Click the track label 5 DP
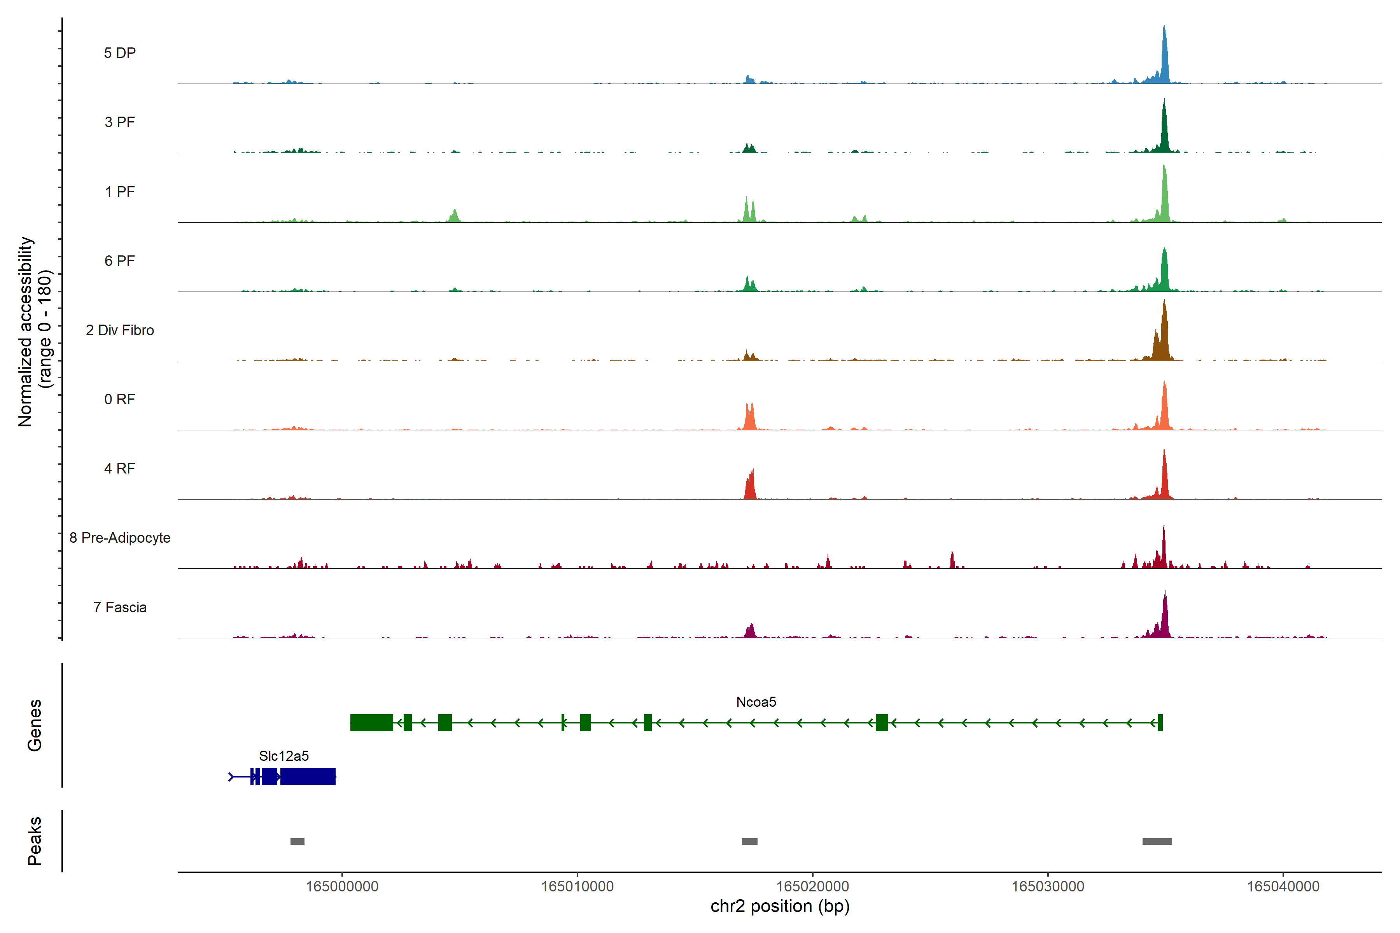[x=120, y=53]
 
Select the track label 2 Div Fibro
[x=120, y=330]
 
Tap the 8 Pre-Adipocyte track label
[x=120, y=538]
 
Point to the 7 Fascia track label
[x=120, y=608]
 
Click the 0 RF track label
[x=120, y=399]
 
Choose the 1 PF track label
[x=120, y=192]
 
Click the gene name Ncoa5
[x=756, y=702]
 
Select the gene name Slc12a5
[x=284, y=756]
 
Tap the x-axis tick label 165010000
[x=577, y=887]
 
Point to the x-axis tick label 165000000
[x=342, y=887]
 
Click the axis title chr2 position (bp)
[x=780, y=906]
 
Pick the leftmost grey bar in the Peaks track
[x=297, y=841]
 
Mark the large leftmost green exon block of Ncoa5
[x=371, y=722]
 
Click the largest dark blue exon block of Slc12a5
[x=308, y=777]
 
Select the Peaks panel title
[x=35, y=841]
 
